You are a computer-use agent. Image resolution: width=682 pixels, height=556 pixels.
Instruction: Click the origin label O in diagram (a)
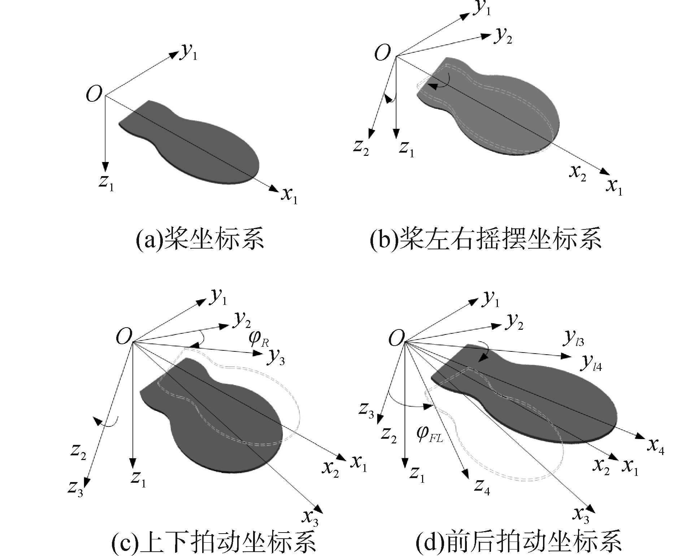point(94,95)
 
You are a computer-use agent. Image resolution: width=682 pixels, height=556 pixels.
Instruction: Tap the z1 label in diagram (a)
point(106,182)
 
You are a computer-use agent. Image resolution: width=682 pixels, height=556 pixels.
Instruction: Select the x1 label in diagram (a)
point(290,196)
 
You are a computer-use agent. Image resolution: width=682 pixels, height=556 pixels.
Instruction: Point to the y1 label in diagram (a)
point(189,53)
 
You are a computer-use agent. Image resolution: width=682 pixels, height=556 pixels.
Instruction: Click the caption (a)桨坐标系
point(200,238)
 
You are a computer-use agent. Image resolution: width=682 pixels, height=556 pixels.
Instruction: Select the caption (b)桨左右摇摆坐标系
point(486,238)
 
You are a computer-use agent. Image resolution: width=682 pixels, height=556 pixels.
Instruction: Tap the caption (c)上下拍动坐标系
point(214,542)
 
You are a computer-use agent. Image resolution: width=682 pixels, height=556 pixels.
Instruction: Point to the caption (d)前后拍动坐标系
point(518,542)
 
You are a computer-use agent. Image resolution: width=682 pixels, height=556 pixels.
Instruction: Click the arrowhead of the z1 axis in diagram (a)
point(105,167)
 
